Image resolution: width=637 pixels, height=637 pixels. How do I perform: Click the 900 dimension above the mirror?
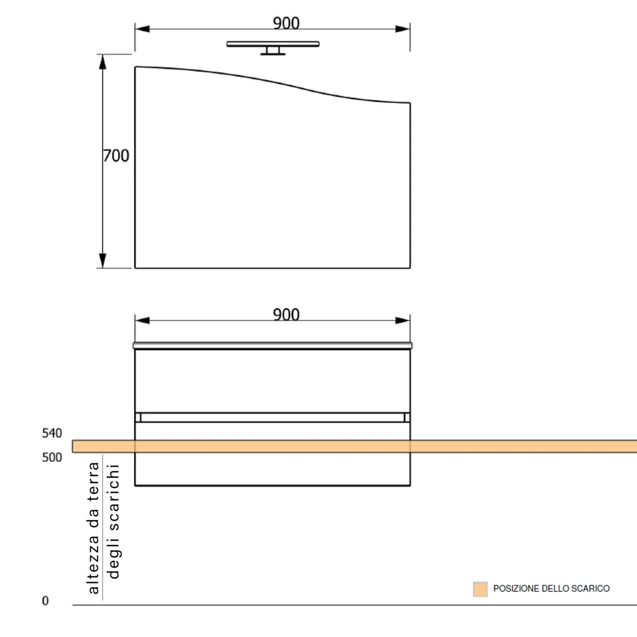point(286,23)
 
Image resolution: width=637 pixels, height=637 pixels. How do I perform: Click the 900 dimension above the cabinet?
point(286,314)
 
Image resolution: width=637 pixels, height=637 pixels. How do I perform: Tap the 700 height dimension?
point(116,156)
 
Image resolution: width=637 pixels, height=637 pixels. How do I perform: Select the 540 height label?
point(52,433)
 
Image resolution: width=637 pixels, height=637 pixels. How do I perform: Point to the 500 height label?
point(52,457)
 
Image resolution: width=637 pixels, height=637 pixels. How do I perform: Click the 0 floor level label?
point(45,601)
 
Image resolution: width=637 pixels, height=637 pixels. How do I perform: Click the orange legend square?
point(480,589)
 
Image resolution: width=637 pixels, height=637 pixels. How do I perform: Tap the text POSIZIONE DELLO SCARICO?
point(551,589)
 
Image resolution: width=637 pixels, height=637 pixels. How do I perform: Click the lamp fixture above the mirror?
point(273,44)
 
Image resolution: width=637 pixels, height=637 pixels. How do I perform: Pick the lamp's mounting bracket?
point(273,51)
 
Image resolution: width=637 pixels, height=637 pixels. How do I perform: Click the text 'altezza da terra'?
point(93,528)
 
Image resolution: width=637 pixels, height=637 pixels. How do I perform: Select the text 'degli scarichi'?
point(113,521)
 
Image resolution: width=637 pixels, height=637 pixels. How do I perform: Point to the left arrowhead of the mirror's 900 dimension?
point(142,29)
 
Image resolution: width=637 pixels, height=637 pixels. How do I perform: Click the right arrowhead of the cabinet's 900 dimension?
point(403,320)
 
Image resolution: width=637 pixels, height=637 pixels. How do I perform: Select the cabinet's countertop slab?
point(272,346)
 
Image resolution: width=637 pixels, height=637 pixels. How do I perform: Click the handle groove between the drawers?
point(272,417)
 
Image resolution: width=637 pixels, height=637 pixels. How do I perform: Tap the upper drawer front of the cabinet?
point(272,381)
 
